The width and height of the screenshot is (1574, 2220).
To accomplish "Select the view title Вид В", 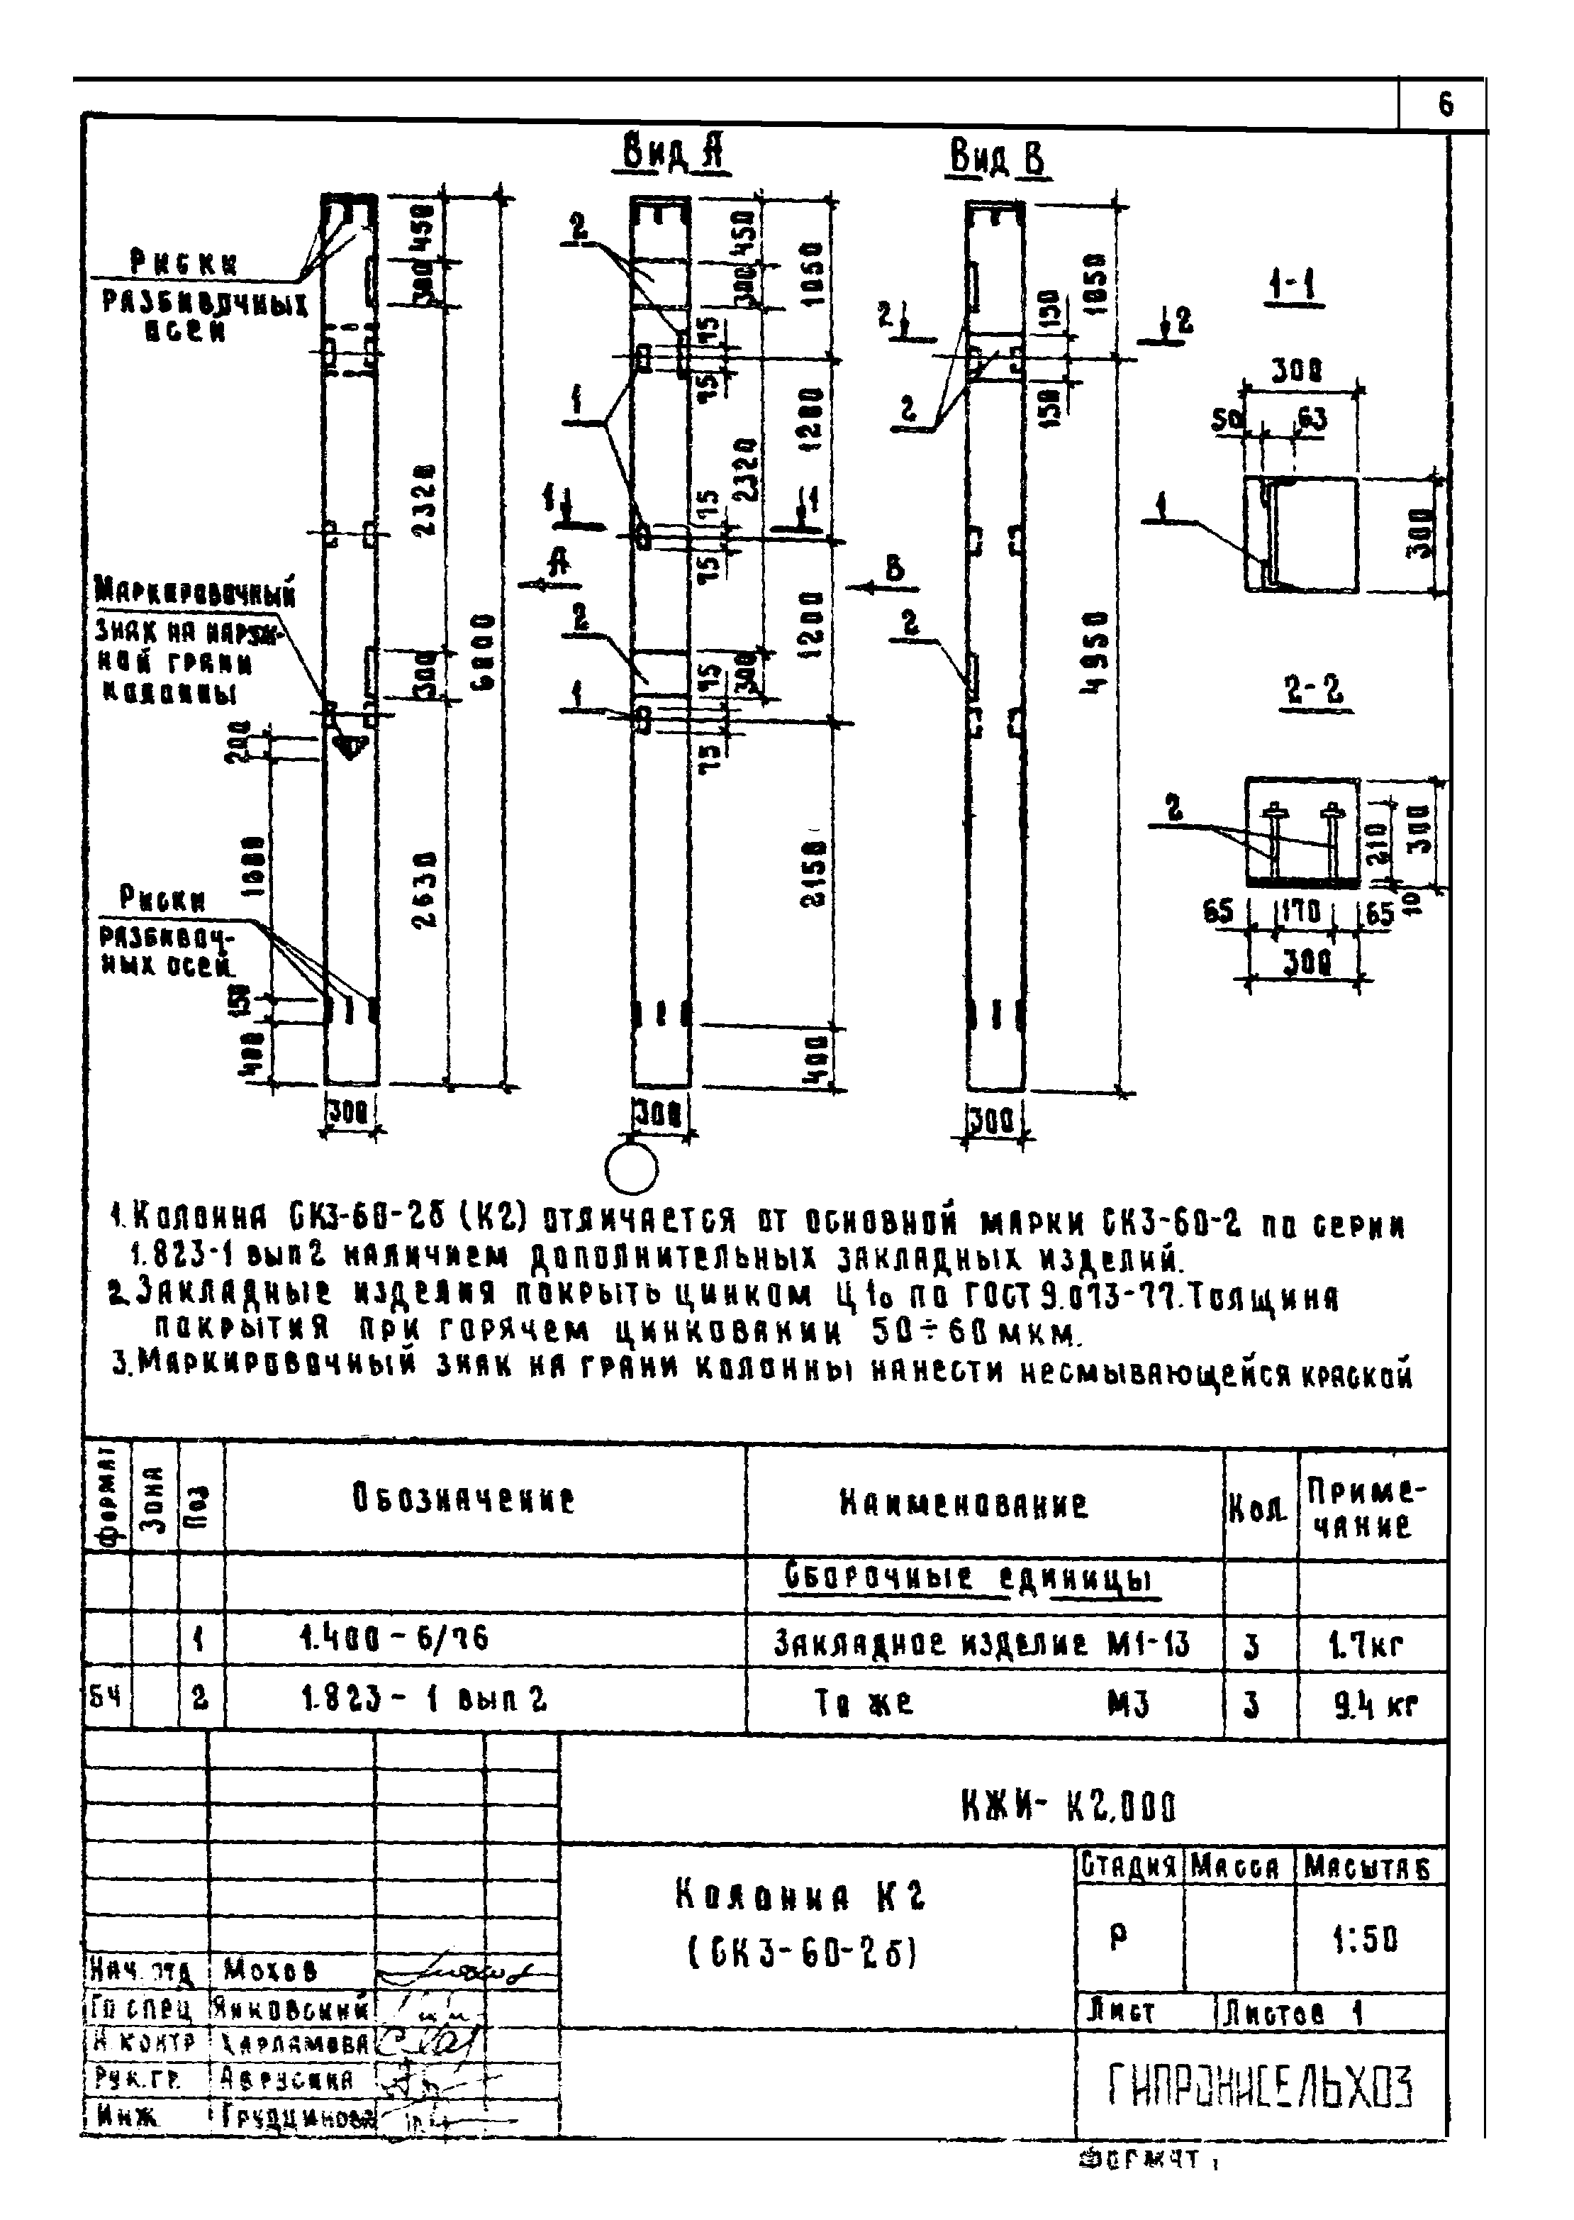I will [x=998, y=158].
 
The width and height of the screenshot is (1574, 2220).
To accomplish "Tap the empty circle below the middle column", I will [x=631, y=1170].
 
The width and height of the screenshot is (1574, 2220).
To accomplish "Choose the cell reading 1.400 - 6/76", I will [x=393, y=1638].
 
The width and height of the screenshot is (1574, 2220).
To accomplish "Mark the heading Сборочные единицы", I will [x=969, y=1581].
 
